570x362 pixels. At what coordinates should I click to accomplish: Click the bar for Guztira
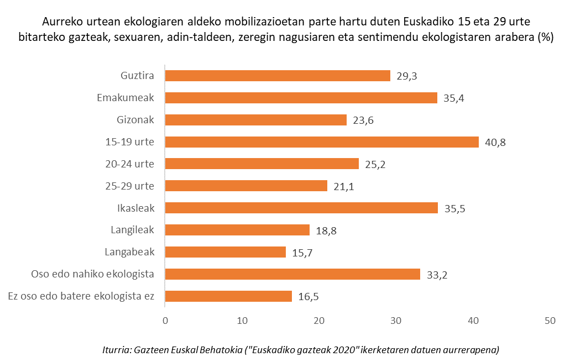pyautogui.click(x=278, y=76)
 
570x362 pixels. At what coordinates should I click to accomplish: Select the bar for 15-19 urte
pyautogui.click(x=322, y=142)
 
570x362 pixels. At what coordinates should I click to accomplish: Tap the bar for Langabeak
pyautogui.click(x=226, y=252)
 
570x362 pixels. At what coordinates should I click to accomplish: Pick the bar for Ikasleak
pyautogui.click(x=301, y=208)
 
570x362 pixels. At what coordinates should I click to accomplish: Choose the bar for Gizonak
pyautogui.click(x=256, y=120)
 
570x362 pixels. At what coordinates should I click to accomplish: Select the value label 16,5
pyautogui.click(x=308, y=297)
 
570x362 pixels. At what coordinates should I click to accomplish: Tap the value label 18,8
pyautogui.click(x=326, y=230)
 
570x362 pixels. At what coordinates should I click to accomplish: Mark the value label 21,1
pyautogui.click(x=344, y=186)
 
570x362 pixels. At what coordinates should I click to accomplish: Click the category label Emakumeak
pyautogui.click(x=125, y=98)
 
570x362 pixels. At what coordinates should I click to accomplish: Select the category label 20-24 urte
pyautogui.click(x=129, y=164)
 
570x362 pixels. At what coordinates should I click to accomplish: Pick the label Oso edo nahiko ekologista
pyautogui.click(x=92, y=274)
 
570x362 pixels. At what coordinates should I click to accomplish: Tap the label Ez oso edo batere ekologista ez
pyautogui.click(x=81, y=296)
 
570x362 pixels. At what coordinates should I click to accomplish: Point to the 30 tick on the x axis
pyautogui.click(x=396, y=321)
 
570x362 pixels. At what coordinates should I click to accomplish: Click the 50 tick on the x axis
pyautogui.click(x=549, y=321)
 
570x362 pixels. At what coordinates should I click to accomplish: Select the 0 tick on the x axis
pyautogui.click(x=165, y=321)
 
